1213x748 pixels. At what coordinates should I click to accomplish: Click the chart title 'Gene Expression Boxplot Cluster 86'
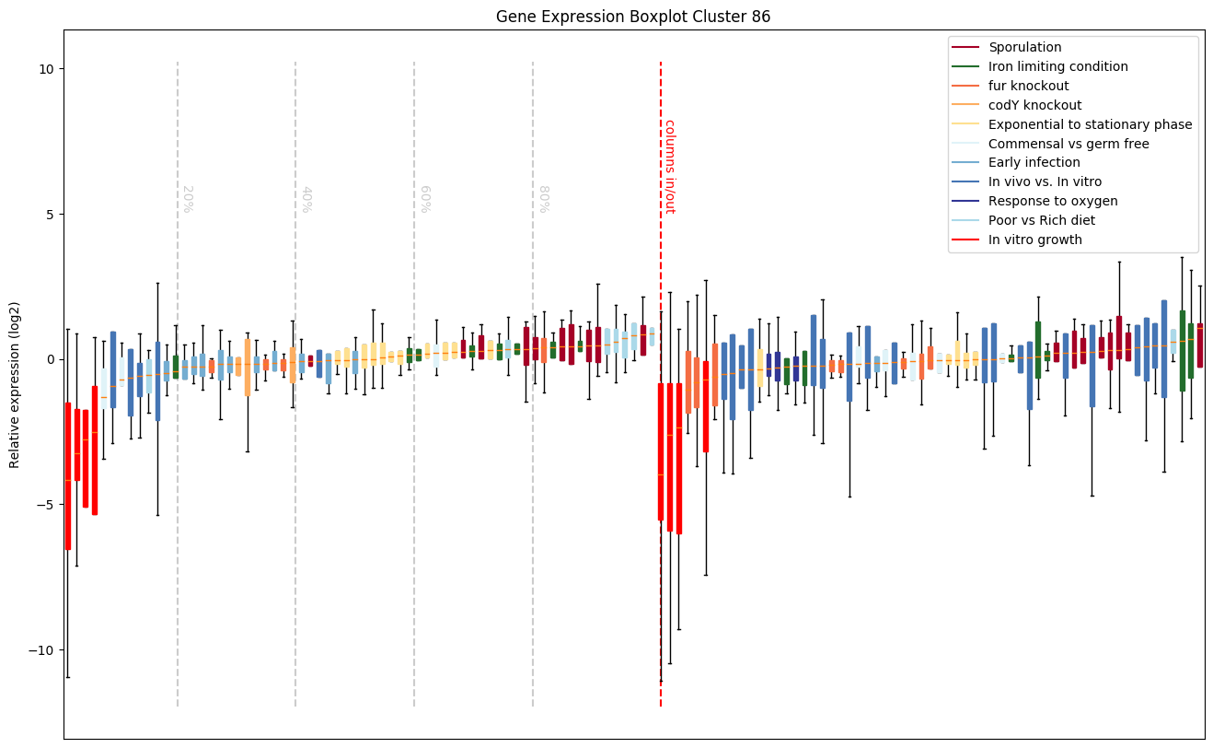(633, 17)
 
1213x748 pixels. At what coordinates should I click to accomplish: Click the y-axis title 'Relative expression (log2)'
(15, 384)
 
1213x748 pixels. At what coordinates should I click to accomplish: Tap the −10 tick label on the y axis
(42, 649)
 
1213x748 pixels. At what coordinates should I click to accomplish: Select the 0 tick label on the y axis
(50, 359)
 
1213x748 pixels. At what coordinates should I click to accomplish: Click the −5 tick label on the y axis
(46, 505)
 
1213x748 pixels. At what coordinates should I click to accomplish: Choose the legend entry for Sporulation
(1024, 47)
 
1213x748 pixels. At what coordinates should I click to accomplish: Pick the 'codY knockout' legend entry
(1034, 105)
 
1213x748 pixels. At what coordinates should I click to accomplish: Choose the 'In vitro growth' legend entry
(1035, 240)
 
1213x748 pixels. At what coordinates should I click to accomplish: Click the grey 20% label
(187, 199)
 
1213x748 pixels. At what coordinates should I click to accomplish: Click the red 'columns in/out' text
(670, 166)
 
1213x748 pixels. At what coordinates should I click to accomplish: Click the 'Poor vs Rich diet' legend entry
(1042, 220)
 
